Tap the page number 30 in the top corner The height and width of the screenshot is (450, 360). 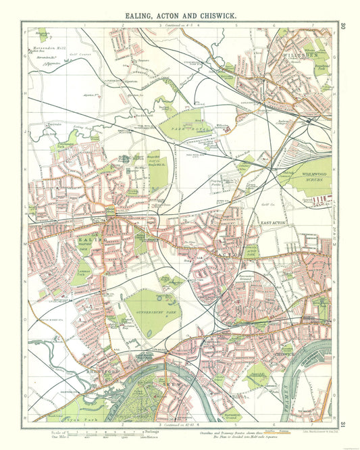click(x=343, y=26)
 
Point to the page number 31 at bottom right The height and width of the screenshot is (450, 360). click(x=343, y=424)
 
